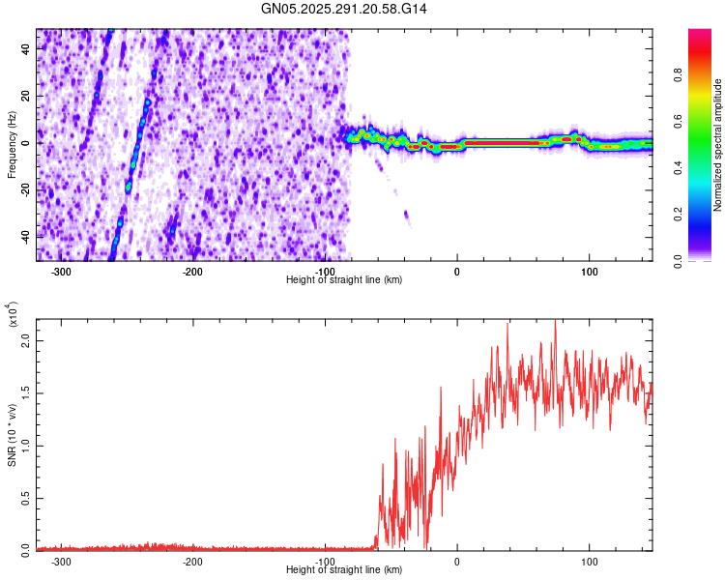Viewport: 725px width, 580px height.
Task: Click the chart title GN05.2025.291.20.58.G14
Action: coord(344,9)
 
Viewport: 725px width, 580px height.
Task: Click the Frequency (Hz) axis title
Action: coord(12,144)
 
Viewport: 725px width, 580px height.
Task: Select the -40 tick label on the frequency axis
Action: coord(25,236)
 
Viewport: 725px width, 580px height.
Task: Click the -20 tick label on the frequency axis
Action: coord(25,189)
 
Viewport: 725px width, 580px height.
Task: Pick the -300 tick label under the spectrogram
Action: coord(61,271)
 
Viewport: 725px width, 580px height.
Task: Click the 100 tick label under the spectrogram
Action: coord(589,271)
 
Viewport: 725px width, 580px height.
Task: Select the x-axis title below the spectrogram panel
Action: coord(344,279)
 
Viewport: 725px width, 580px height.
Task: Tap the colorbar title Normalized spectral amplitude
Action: coord(718,146)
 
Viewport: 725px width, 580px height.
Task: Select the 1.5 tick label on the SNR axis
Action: coord(27,393)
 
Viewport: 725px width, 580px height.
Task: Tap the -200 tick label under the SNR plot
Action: coord(192,561)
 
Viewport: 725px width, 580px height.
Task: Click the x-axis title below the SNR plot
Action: coord(344,569)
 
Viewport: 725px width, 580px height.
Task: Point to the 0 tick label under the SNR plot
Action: coord(457,561)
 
